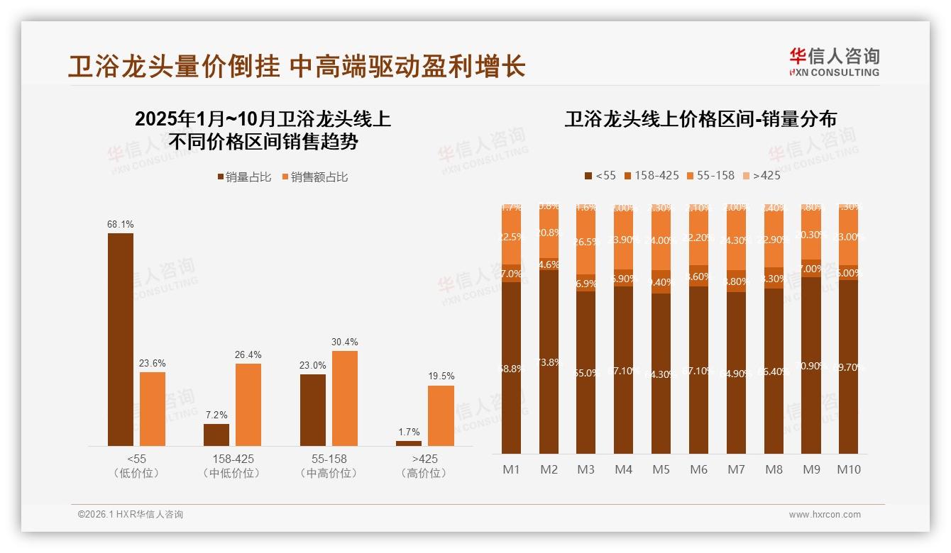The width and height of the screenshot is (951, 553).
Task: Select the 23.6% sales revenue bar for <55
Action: pyautogui.click(x=153, y=408)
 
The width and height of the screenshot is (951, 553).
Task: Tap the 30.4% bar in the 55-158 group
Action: pyautogui.click(x=345, y=398)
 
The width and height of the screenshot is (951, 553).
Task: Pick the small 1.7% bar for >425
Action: pyautogui.click(x=409, y=443)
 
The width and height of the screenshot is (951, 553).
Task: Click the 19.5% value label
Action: pyautogui.click(x=441, y=376)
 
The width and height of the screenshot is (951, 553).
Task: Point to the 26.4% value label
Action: pyautogui.click(x=248, y=354)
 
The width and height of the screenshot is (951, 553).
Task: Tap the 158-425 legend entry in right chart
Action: pyautogui.click(x=651, y=175)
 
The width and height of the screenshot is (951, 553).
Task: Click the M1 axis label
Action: pyautogui.click(x=512, y=469)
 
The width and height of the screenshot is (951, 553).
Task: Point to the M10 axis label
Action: pyautogui.click(x=848, y=469)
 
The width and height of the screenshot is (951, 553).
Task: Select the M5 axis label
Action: pyautogui.click(x=661, y=469)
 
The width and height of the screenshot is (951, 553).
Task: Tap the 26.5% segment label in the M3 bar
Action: pyautogui.click(x=586, y=242)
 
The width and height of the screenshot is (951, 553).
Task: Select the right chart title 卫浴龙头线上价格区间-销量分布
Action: pyautogui.click(x=700, y=118)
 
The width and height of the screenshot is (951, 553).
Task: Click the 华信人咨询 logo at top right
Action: pyautogui.click(x=834, y=62)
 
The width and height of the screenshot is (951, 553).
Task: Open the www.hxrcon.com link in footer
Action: pyautogui.click(x=825, y=515)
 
